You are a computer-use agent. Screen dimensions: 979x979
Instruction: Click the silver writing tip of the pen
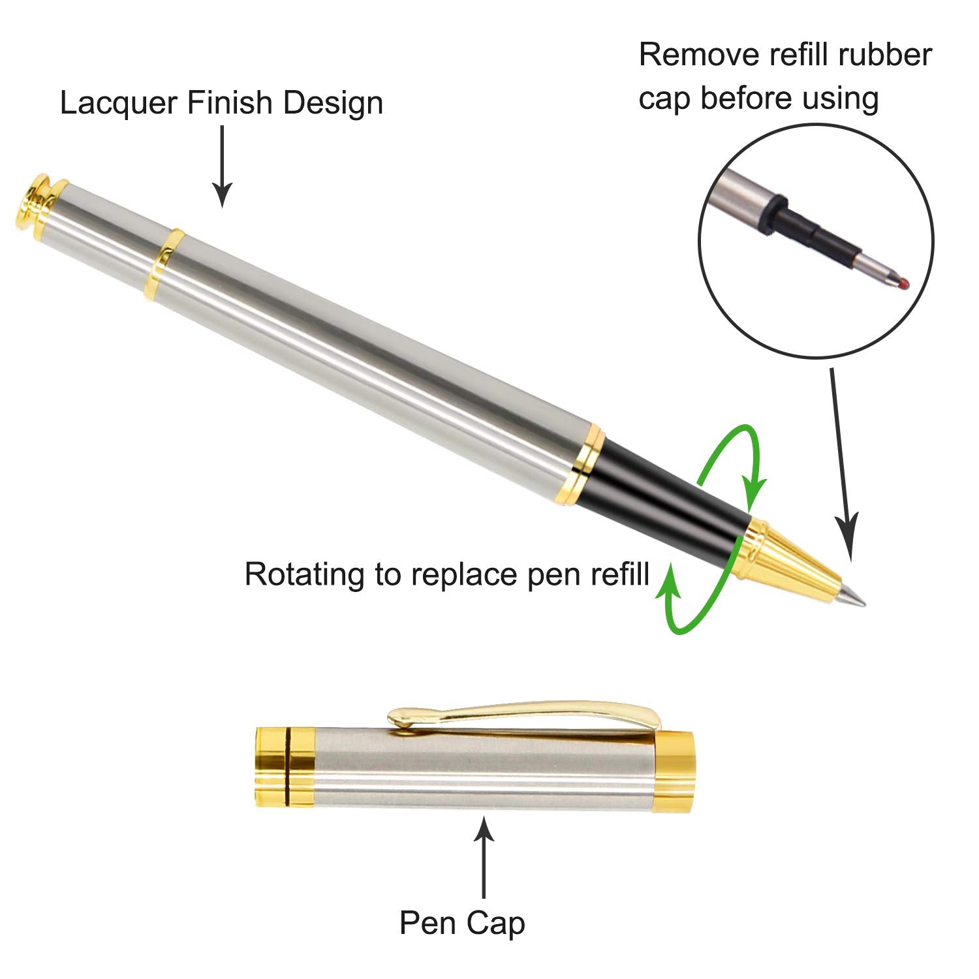point(851,595)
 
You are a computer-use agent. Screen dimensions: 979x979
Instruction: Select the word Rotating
point(303,574)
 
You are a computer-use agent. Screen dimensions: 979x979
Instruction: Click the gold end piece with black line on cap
point(284,767)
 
